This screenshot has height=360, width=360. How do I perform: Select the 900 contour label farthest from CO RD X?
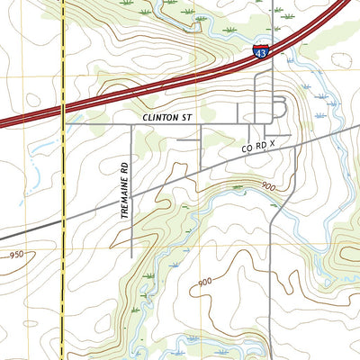click(x=203, y=282)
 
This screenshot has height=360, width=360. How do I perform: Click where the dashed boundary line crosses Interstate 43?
click(x=62, y=106)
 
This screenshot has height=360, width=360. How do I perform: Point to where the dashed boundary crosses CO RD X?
click(x=62, y=220)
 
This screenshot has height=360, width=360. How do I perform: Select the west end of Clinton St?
click(x=65, y=123)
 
